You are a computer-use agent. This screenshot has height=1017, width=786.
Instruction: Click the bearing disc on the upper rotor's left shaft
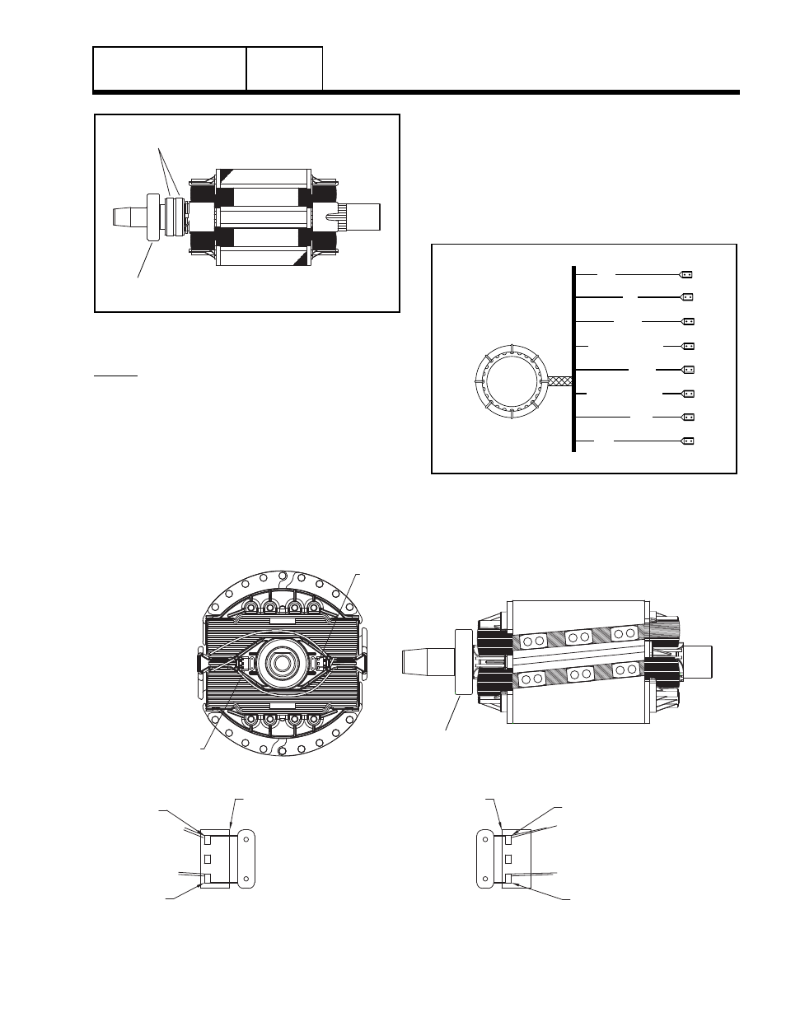(x=153, y=217)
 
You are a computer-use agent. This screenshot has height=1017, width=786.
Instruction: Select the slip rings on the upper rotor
(x=173, y=217)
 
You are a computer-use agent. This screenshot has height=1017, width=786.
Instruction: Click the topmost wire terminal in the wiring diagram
(x=687, y=274)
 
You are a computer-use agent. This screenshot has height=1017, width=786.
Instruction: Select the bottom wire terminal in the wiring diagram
(x=687, y=441)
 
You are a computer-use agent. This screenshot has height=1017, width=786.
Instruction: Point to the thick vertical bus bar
(x=573, y=358)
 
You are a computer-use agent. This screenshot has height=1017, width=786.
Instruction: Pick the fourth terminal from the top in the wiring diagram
(x=687, y=347)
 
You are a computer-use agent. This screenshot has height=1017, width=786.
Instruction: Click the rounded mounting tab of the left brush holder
(x=246, y=860)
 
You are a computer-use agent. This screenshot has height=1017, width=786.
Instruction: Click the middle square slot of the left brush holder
(x=208, y=859)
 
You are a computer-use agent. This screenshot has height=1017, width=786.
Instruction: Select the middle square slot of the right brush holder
(x=508, y=859)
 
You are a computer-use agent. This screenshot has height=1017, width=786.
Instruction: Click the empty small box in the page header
(x=284, y=68)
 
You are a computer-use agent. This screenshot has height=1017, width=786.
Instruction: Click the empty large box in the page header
(x=170, y=68)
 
